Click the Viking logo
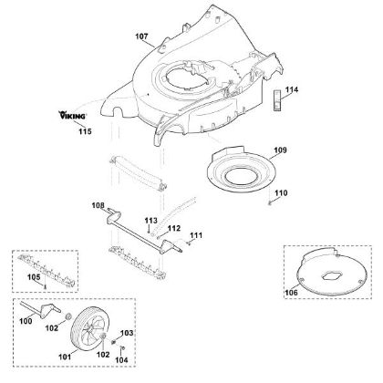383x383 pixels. (x=72, y=115)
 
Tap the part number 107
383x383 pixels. (x=141, y=36)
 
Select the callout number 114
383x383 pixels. (x=292, y=90)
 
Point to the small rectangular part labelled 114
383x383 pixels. (x=277, y=100)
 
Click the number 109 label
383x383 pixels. (x=280, y=150)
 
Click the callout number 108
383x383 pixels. (x=98, y=206)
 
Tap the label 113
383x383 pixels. (x=151, y=221)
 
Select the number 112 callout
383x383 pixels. (x=174, y=228)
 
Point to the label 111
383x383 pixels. (x=196, y=235)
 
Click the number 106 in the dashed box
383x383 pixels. (x=291, y=293)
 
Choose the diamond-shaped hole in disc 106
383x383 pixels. (x=333, y=275)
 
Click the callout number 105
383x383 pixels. (x=34, y=277)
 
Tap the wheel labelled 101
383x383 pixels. (x=88, y=329)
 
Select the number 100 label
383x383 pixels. (x=26, y=321)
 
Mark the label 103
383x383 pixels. (x=127, y=333)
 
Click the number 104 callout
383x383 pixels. (x=121, y=360)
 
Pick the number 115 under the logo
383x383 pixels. (x=85, y=131)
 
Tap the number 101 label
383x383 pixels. (x=65, y=357)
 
